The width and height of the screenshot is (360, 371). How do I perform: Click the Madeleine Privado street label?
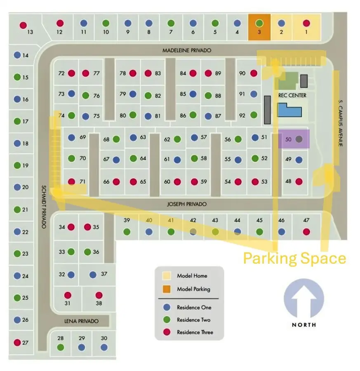point(186,50)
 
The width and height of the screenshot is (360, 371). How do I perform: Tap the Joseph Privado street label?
point(187,204)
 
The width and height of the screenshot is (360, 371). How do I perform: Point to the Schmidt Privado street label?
point(43,206)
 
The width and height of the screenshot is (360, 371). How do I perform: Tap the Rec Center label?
point(292,95)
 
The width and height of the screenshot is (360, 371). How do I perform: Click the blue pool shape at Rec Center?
point(289,110)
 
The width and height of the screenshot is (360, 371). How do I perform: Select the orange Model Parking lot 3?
point(259,27)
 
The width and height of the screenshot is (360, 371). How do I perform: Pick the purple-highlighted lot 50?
point(294,139)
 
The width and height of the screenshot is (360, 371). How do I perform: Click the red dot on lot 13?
point(23,25)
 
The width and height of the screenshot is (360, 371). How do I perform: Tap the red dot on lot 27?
point(17,342)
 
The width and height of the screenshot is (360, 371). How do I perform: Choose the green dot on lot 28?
point(61,347)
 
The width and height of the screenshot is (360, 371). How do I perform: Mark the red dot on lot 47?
point(306,232)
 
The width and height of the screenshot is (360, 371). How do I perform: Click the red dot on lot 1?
point(306,23)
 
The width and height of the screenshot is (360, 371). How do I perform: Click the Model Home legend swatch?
point(167,276)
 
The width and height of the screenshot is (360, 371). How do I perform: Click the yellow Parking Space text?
point(294,258)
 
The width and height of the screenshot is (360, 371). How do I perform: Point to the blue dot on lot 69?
point(72,138)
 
